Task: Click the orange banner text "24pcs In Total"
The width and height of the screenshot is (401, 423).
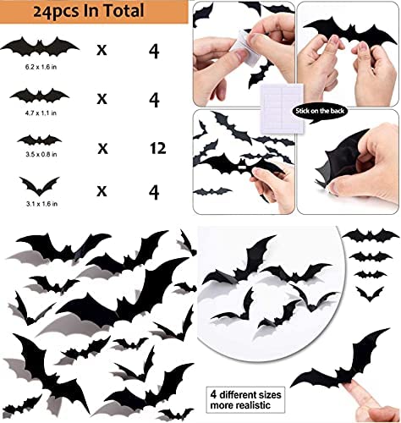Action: [88, 11]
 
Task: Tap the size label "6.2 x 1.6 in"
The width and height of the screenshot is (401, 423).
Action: [41, 67]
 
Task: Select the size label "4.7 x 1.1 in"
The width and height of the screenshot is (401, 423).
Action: [41, 113]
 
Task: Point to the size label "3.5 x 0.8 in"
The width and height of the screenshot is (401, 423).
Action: [41, 154]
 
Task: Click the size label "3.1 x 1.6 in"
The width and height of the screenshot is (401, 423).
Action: [41, 203]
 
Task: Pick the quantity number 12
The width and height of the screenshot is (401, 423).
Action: [157, 148]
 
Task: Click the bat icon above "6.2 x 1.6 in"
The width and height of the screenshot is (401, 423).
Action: [40, 47]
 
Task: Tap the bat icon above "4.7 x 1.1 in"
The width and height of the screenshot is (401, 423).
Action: [40, 96]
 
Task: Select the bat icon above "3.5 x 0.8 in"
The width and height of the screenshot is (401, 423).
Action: [40, 140]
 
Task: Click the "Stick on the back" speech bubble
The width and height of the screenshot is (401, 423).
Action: [320, 112]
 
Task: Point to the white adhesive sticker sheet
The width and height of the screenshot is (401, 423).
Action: [282, 108]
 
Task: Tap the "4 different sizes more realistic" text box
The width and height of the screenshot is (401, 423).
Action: [245, 399]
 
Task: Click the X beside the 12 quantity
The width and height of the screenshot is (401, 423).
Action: [102, 148]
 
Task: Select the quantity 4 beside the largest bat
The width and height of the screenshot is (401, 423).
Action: [154, 51]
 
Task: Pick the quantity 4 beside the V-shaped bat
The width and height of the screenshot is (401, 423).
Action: [154, 192]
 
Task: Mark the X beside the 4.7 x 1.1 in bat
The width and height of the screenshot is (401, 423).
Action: [102, 99]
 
